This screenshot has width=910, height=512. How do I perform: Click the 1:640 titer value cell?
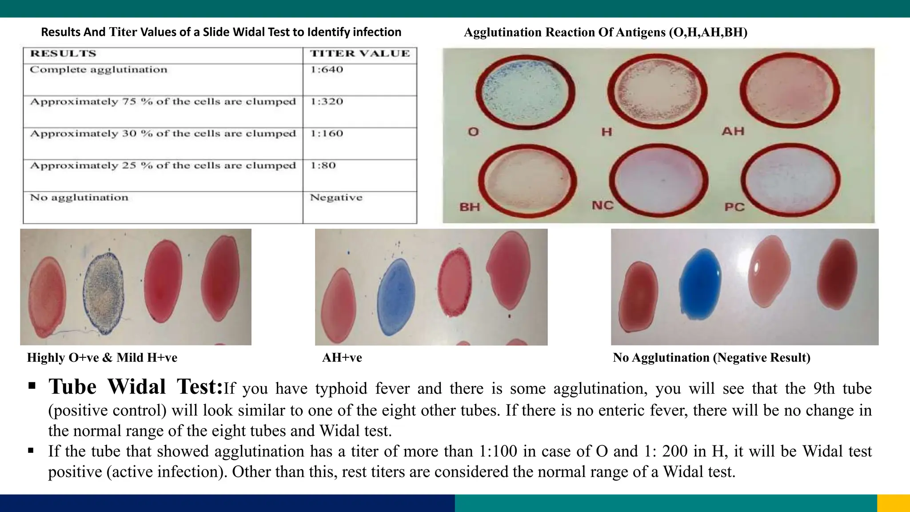(x=327, y=70)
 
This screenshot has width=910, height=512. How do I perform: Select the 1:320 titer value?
(x=327, y=102)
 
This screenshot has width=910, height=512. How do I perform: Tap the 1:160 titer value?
(x=327, y=134)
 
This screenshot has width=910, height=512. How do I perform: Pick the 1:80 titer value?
(x=323, y=166)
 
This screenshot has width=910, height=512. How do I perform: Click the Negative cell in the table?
(x=336, y=198)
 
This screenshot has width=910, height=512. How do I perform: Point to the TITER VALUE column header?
(x=360, y=54)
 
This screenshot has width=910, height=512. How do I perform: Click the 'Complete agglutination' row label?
(x=99, y=70)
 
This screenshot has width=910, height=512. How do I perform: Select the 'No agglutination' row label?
(x=79, y=198)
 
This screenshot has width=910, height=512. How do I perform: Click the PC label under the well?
(x=734, y=207)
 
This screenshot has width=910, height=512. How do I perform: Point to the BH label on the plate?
(x=470, y=207)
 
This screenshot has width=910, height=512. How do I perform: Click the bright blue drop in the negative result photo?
(x=700, y=284)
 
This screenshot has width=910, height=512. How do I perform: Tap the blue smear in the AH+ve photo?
(x=396, y=296)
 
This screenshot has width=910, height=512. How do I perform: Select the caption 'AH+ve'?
(x=342, y=358)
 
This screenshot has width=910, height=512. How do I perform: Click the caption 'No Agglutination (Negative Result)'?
(x=711, y=358)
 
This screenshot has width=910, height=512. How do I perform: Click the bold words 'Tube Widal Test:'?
(x=136, y=387)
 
